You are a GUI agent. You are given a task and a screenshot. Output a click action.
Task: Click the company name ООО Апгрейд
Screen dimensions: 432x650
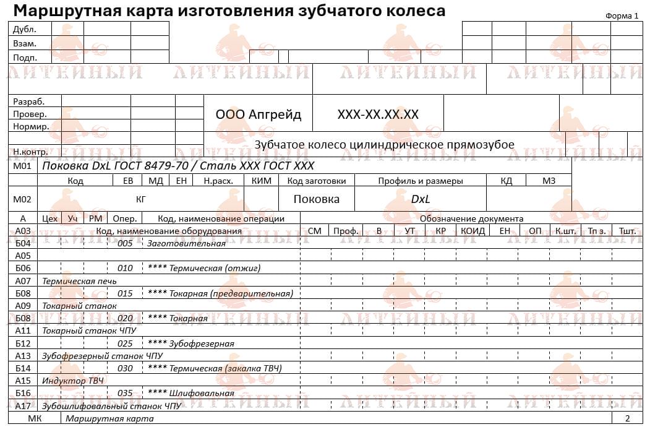click(x=259, y=114)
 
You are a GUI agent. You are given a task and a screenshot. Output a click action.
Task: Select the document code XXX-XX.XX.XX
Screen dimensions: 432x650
click(x=378, y=114)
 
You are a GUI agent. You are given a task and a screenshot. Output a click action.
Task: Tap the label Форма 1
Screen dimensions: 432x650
click(x=622, y=16)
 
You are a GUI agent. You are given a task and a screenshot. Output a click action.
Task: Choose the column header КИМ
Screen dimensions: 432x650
click(x=262, y=181)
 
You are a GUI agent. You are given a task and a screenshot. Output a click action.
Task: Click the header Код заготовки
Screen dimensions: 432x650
click(x=317, y=181)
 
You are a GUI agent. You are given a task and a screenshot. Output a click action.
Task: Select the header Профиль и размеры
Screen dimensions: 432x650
click(x=421, y=181)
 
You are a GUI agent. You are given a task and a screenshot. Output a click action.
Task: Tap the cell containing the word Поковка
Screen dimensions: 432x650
click(x=316, y=199)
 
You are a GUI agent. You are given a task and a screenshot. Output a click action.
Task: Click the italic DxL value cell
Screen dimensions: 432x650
click(x=421, y=199)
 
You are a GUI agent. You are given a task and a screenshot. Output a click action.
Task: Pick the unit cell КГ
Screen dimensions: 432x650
click(x=141, y=199)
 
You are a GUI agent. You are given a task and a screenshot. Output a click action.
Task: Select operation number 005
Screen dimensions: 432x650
click(x=125, y=243)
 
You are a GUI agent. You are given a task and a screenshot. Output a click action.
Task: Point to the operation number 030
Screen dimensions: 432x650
click(x=125, y=368)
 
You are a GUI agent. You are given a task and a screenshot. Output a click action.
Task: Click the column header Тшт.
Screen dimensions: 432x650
click(x=627, y=231)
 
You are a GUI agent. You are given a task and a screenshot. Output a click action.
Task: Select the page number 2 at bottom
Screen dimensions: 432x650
click(x=627, y=418)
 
